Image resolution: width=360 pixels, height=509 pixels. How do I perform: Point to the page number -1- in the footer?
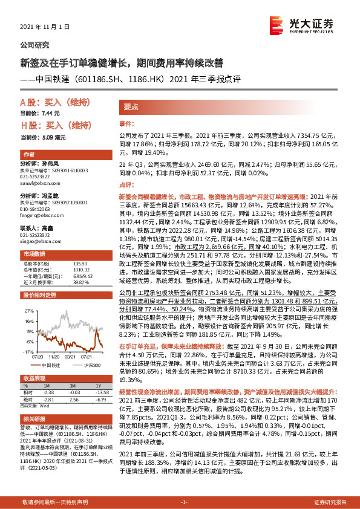pyautogui.click(x=184, y=502)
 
